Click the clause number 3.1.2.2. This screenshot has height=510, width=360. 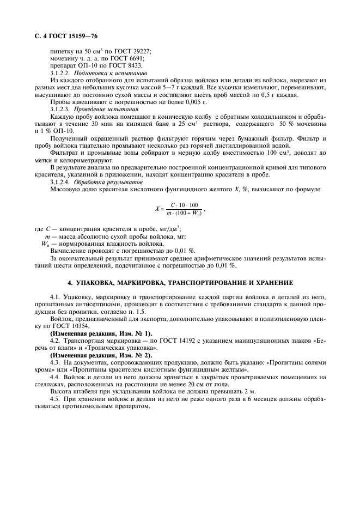tap(61, 73)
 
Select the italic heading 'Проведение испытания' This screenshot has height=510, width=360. tap(106, 110)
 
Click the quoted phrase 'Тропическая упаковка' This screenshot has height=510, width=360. tap(119, 348)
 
